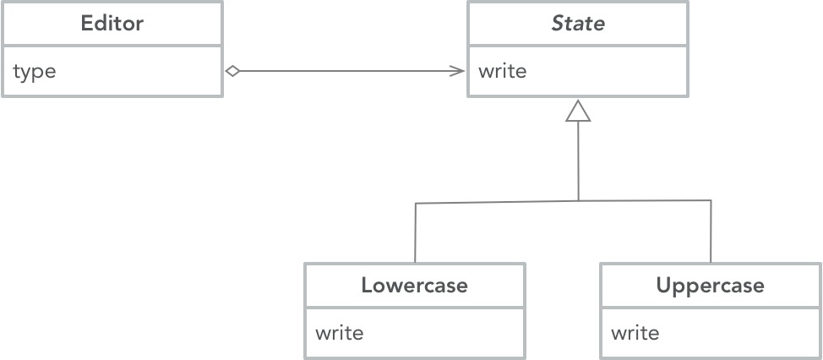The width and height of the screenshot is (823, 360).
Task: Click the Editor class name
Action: coord(112,24)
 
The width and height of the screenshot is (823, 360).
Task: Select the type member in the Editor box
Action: coord(35,72)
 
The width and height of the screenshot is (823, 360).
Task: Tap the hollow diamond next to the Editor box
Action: coord(233,72)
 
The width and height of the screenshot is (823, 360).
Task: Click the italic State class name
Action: coord(578,24)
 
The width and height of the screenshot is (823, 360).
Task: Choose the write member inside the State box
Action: coord(502,72)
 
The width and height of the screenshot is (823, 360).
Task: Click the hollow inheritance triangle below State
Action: coord(578,111)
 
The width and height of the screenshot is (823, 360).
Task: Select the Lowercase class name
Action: coord(414,286)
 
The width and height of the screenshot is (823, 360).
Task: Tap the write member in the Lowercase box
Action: coord(339,333)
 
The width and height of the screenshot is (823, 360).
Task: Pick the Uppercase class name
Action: coord(710,286)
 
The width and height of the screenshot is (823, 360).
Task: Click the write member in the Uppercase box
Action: coord(635,333)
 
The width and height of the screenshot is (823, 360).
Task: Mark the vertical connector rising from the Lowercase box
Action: coord(415,232)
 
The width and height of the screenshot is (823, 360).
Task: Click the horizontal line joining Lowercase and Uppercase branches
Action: coord(507,201)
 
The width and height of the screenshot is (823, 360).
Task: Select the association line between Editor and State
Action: coord(346,72)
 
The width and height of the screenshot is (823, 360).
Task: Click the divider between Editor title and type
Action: coord(112,46)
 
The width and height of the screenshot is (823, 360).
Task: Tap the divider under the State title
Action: coord(578,46)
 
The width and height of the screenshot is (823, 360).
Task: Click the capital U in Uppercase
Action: coord(663,286)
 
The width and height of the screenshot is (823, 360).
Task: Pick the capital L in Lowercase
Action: coord(366,286)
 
